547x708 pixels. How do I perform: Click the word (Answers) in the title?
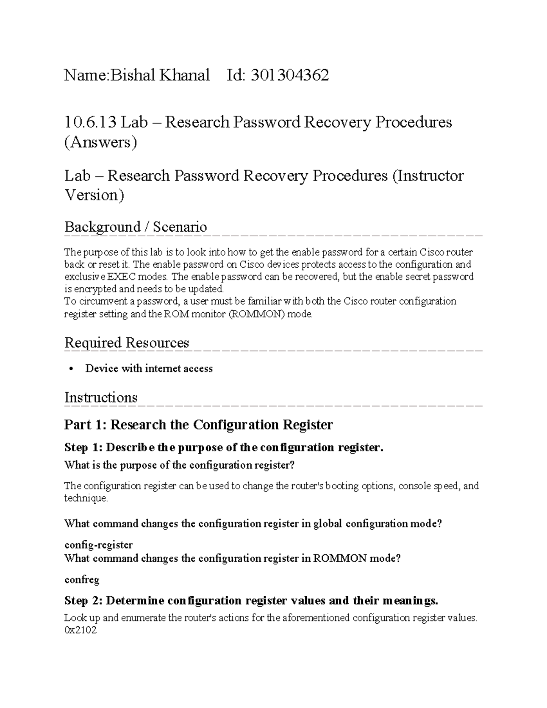pos(100,142)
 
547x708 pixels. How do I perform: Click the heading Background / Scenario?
pos(135,227)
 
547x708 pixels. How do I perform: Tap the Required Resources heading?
pos(127,342)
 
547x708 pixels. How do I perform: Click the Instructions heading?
pos(101,397)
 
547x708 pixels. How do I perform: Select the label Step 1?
pos(83,447)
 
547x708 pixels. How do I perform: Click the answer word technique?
pos(86,498)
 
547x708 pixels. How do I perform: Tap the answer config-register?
pos(98,545)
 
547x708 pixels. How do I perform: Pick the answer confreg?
pos(82,579)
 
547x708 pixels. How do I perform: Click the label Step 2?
pos(83,600)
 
